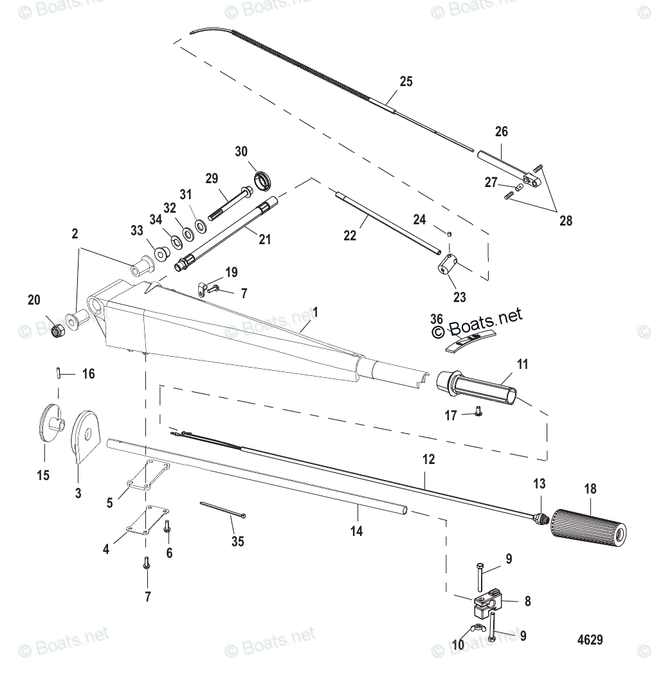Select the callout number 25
point(406,82)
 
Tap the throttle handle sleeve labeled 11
point(478,390)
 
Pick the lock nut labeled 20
point(56,330)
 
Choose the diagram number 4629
point(590,639)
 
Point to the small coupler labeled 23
point(447,263)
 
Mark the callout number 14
point(356,531)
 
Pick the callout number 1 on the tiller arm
point(315,311)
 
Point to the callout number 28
point(565,220)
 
